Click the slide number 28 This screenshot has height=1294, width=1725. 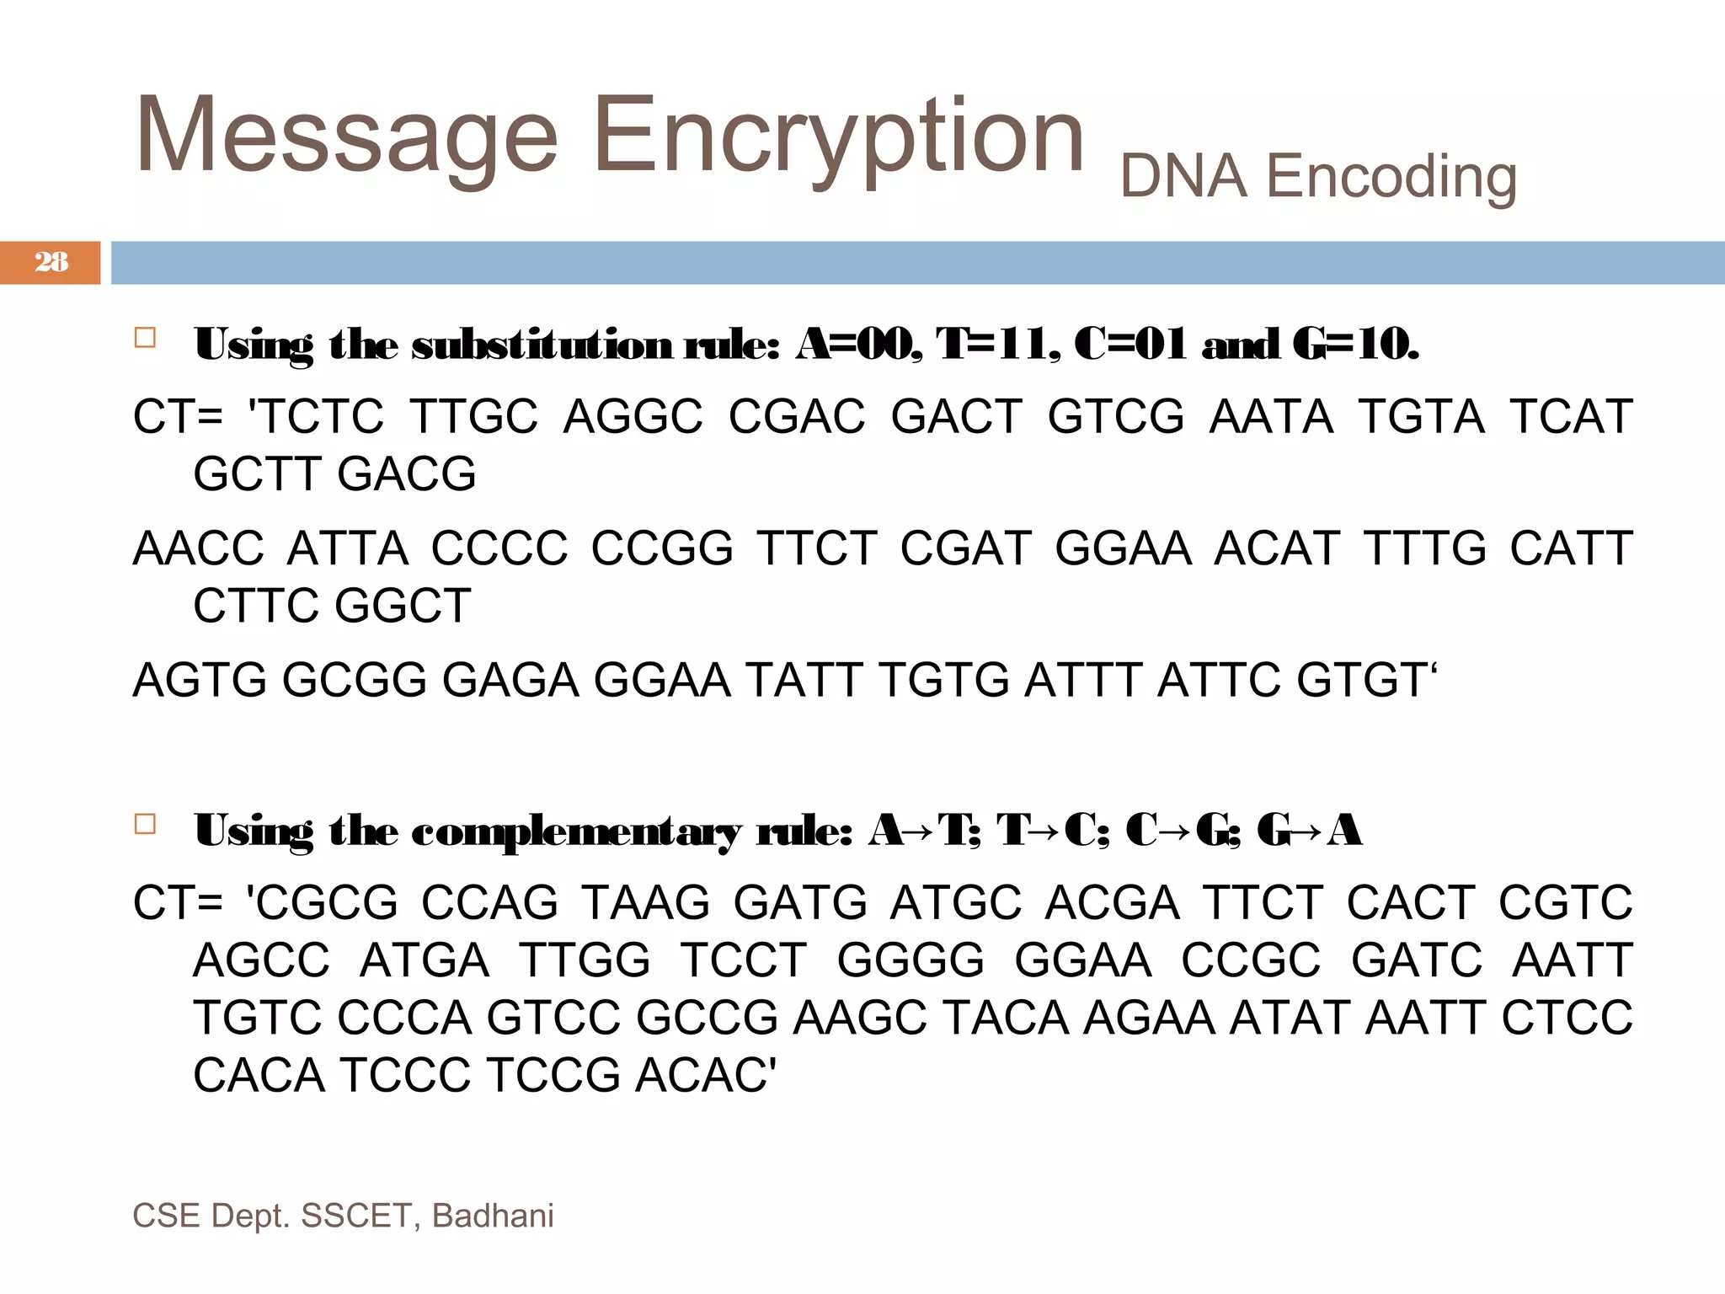pos(51,262)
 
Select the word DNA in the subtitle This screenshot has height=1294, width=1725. pos(1183,177)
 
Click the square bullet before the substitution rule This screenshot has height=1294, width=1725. pos(145,339)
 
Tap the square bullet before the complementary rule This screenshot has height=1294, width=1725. pos(145,824)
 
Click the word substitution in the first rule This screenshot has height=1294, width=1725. pos(542,345)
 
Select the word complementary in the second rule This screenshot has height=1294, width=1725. pos(576,831)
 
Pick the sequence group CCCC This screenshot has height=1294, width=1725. pos(499,548)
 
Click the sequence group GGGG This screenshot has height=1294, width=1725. pos(911,960)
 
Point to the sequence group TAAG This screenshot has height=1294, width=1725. pos(646,902)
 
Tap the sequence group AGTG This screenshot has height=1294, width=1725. pos(200,680)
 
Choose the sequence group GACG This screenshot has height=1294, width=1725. pos(407,473)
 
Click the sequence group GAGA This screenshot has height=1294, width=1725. pos(510,680)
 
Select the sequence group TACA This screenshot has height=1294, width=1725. pos(1005,1018)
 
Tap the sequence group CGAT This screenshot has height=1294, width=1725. pos(965,548)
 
